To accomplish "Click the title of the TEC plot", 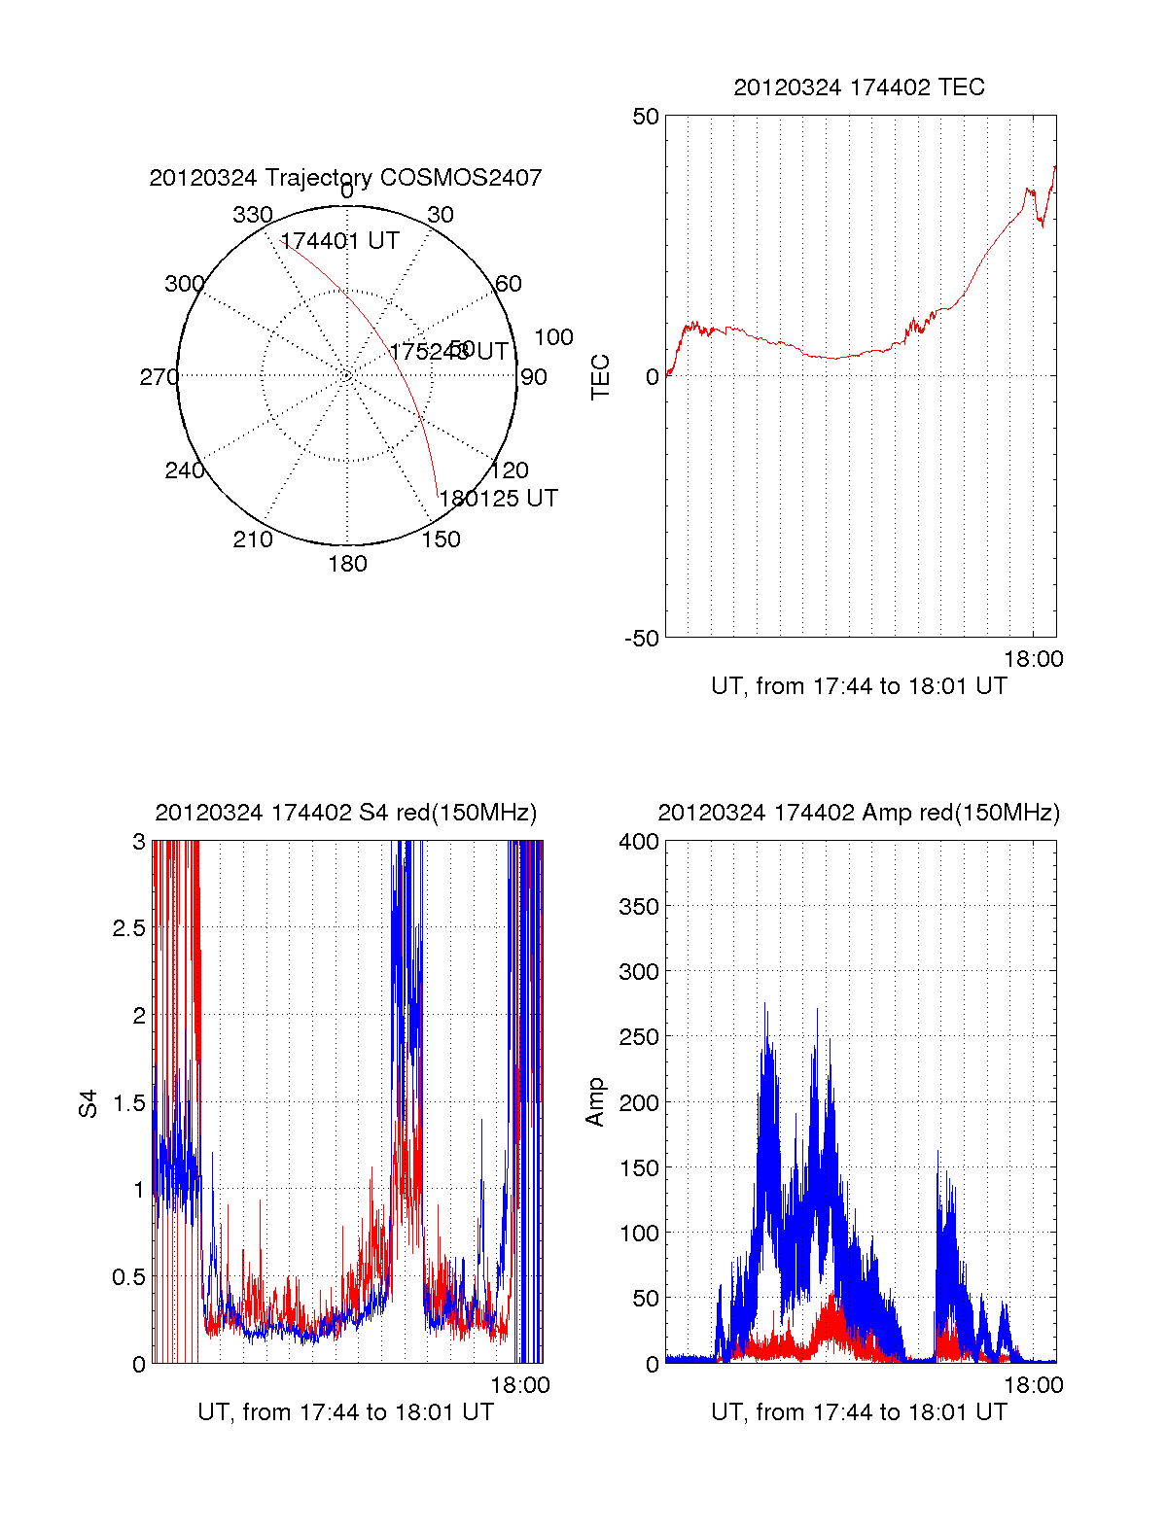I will point(859,87).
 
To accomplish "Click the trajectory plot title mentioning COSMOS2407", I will point(345,178).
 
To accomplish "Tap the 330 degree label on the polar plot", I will point(253,215).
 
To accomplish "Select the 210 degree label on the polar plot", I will point(253,539).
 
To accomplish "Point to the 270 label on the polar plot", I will point(159,377).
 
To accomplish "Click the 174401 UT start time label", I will point(339,241).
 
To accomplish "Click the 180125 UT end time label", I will point(498,499).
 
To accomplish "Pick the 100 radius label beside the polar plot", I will point(553,337).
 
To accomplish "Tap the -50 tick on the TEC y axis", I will point(642,639).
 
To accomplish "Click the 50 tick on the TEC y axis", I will point(646,117).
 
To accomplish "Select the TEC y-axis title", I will point(601,377).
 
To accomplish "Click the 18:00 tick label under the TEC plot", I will point(1033,659).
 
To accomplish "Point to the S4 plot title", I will point(345,813).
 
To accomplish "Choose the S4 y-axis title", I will point(88,1103).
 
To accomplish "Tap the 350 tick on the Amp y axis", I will point(639,906).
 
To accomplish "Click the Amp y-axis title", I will point(595,1102).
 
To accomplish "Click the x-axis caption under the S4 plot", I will point(345,1412).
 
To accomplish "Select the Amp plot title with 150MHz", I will point(859,813).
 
